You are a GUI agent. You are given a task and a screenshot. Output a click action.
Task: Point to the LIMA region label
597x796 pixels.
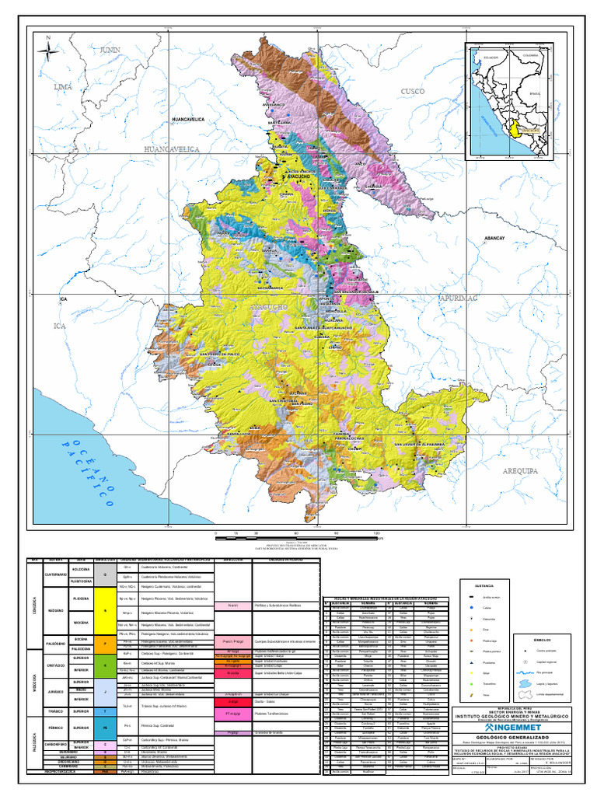coord(62,88)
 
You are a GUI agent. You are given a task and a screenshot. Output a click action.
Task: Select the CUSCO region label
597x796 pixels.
coord(413,92)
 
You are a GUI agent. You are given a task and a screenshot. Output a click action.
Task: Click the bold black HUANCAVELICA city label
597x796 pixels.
coord(187,120)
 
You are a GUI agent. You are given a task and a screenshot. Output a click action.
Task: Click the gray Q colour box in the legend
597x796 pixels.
coord(104,574)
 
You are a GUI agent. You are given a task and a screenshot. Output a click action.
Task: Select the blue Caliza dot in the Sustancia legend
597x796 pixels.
coord(472,609)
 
